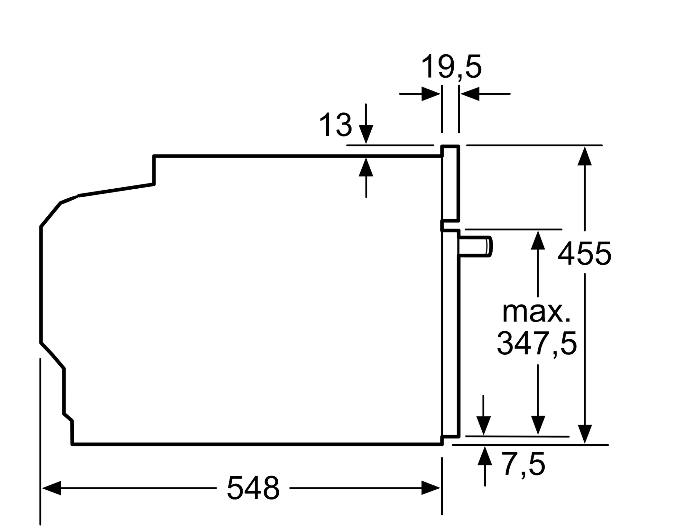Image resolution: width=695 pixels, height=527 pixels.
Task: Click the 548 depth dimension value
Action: click(253, 488)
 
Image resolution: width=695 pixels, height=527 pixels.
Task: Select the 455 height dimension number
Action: click(584, 254)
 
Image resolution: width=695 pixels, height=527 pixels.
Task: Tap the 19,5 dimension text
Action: click(451, 67)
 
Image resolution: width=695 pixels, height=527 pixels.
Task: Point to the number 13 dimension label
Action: click(335, 125)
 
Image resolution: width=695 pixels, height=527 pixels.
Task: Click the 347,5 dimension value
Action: click(537, 344)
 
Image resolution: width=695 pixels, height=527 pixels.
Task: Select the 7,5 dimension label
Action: click(523, 464)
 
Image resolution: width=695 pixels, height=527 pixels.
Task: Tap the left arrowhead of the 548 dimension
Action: click(51, 488)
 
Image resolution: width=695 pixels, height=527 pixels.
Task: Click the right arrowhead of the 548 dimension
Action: click(431, 488)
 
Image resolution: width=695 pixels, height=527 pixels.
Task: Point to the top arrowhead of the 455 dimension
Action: click(585, 156)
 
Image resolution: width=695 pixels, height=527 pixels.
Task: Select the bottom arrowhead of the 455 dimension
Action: click(585, 434)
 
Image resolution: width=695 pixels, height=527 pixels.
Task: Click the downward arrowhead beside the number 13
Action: click(366, 134)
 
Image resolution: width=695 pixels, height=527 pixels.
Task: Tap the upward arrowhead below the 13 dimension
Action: click(366, 167)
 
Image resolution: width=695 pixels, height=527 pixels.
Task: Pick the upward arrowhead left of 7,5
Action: click(485, 456)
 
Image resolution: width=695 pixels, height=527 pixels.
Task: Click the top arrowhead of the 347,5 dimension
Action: click(538, 240)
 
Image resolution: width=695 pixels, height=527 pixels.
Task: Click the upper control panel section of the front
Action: click(450, 184)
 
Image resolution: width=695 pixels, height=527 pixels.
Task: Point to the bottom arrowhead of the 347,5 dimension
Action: click(538, 425)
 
